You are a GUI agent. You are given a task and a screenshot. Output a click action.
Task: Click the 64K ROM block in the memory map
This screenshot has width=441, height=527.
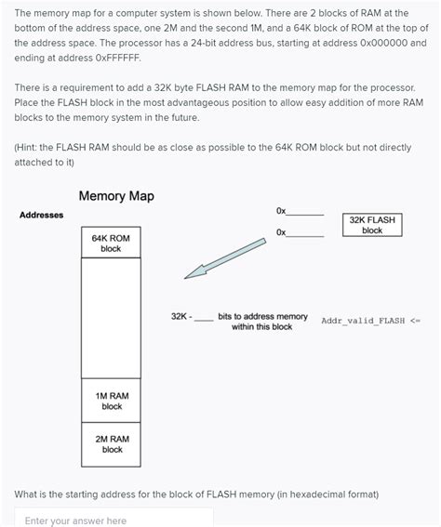pyautogui.click(x=111, y=244)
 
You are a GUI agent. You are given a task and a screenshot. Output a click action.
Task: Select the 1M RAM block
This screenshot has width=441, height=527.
pyautogui.click(x=112, y=401)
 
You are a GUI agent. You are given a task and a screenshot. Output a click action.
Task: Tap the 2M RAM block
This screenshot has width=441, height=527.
pyautogui.click(x=112, y=443)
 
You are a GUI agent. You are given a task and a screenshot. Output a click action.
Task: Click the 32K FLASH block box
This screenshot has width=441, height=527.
pyautogui.click(x=372, y=225)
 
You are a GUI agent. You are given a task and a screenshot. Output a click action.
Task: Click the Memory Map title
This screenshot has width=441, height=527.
pyautogui.click(x=116, y=196)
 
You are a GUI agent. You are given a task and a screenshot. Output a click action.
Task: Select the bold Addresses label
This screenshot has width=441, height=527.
pyautogui.click(x=42, y=216)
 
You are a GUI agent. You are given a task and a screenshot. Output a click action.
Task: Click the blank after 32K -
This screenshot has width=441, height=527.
pyautogui.click(x=204, y=317)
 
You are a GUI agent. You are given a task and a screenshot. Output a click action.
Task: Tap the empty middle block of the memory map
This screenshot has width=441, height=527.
pyautogui.click(x=111, y=316)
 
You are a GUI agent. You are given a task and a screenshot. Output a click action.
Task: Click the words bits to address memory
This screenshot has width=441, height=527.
pyautogui.click(x=262, y=316)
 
